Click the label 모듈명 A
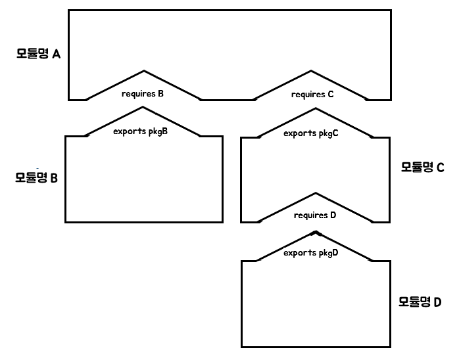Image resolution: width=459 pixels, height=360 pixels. coord(38,53)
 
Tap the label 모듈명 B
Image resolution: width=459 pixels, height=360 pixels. coord(37,177)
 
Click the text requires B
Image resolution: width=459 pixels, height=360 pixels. coord(143,93)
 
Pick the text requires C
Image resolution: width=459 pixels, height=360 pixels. coord(312,94)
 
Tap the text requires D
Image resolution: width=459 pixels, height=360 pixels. coord(315,215)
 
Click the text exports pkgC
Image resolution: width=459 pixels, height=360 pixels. coord(311,133)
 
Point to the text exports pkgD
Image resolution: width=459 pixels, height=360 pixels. coord(311,252)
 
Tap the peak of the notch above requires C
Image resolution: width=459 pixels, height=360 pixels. coord(312,70)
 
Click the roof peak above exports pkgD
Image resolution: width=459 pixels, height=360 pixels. coord(316,232)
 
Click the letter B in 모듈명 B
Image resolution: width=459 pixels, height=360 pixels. coord(54,178)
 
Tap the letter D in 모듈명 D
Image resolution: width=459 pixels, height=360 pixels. coord(437,303)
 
